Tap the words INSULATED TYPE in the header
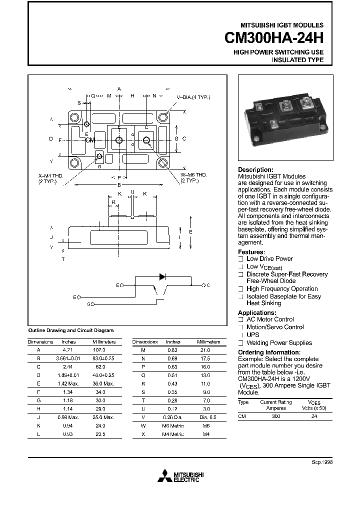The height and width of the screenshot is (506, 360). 297,60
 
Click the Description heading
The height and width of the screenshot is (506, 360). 255,170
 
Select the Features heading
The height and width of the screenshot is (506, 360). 251,252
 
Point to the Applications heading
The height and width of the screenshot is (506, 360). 257,313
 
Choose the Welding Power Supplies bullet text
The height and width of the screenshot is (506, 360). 279,343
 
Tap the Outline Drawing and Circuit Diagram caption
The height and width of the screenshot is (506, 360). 71,330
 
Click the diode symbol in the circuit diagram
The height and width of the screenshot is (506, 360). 162,276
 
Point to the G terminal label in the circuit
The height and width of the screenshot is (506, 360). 88,304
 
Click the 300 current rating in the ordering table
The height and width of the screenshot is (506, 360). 275,416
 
